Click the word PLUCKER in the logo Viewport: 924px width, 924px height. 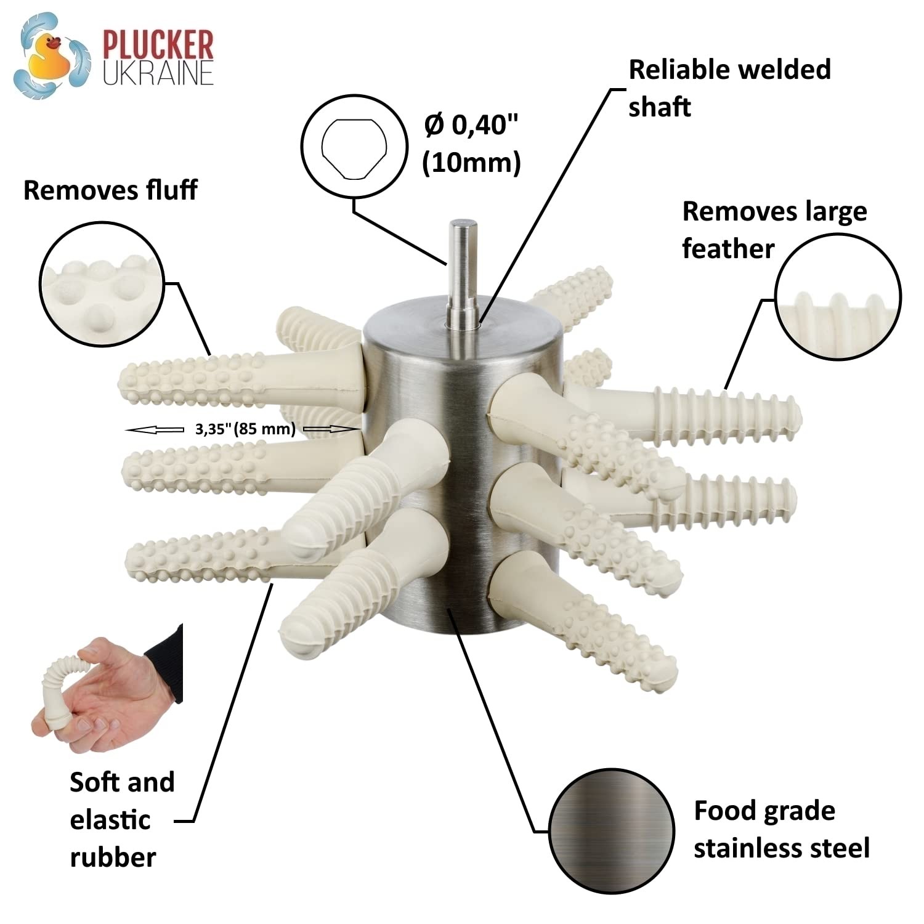click(x=158, y=44)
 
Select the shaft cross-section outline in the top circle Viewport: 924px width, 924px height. click(x=354, y=148)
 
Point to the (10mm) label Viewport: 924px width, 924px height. click(x=471, y=163)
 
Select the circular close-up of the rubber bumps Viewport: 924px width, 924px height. click(x=102, y=284)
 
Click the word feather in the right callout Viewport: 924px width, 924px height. click(x=727, y=249)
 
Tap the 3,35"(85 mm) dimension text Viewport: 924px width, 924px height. click(x=245, y=429)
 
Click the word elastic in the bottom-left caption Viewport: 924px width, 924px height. click(x=110, y=820)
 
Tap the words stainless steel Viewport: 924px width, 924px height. click(x=781, y=848)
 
